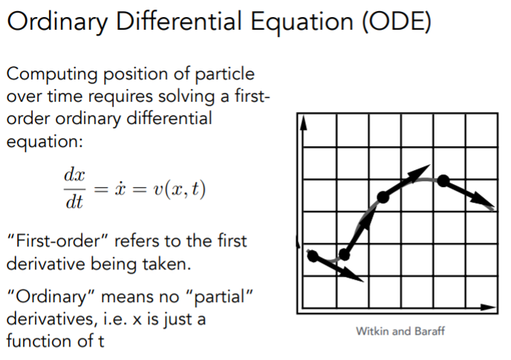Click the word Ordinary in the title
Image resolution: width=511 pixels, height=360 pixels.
coord(57,22)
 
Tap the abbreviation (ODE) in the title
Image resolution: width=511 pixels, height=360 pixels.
coord(397,22)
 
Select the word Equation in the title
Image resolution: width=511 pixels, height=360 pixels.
coord(302,23)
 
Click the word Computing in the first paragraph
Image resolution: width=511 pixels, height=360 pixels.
coord(52,75)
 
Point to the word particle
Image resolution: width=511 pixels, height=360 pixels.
coord(224,75)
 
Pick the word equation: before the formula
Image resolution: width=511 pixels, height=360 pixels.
coord(45,142)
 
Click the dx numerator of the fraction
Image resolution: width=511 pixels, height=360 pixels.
coord(74,175)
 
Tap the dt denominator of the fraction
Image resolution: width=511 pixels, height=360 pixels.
coord(74,202)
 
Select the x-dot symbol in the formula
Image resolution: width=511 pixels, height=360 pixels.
coord(120,189)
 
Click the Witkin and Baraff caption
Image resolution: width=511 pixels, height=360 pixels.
coord(400,331)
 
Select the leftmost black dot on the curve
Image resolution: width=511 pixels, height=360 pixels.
coord(313,256)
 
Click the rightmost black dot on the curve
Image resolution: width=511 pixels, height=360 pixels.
coord(443,180)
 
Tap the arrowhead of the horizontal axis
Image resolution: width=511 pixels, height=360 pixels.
coord(489,307)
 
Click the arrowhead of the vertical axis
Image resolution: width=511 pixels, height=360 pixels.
coord(303,123)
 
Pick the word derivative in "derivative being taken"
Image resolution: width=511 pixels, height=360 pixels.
coord(46,264)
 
